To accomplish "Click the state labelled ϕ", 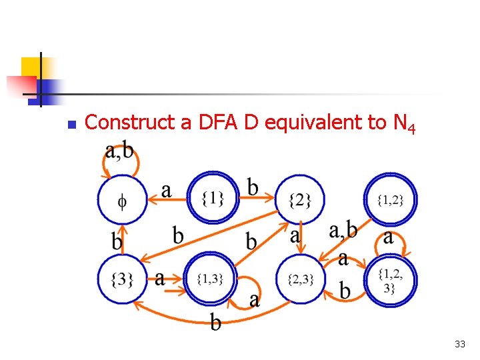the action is [x=121, y=199].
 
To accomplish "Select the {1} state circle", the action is [x=211, y=197].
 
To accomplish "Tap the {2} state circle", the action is [x=300, y=199].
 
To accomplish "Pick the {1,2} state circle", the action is [x=390, y=199].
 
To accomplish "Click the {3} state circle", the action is [x=121, y=279].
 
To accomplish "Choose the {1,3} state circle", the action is [x=210, y=279].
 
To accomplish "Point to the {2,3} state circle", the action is [x=300, y=279].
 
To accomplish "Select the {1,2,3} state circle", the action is [x=390, y=279].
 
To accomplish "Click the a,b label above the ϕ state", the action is [x=119, y=152].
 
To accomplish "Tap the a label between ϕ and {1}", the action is [x=166, y=191].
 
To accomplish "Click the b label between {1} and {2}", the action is [x=253, y=187].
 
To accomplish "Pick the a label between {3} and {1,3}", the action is [x=160, y=277].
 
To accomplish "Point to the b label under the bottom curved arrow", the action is [x=215, y=323].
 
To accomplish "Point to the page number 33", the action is [x=459, y=344].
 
